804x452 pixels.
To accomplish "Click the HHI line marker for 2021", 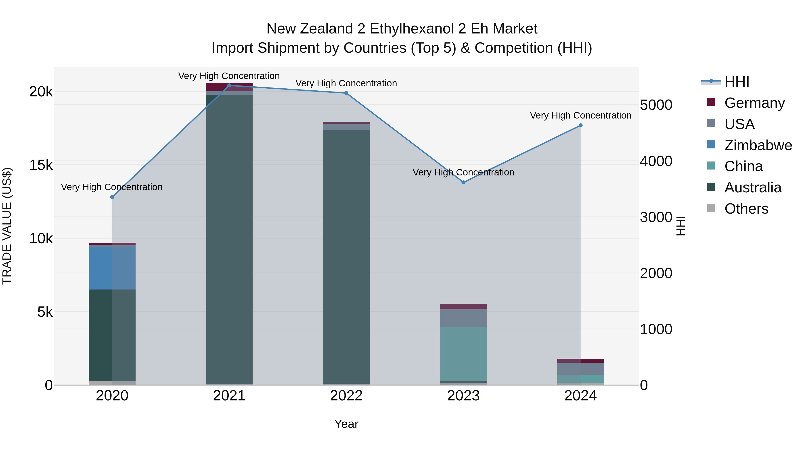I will [x=229, y=85].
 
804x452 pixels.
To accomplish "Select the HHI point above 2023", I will [x=463, y=183].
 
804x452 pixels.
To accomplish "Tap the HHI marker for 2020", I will [x=112, y=197].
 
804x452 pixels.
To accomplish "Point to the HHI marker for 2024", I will [x=580, y=125].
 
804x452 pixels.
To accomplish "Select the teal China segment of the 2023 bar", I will [x=463, y=354].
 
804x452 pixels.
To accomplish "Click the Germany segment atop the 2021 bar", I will [x=229, y=87].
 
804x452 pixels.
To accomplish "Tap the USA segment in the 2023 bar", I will [x=463, y=318].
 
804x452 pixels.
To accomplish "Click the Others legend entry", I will [x=746, y=209].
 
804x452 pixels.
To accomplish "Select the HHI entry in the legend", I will [x=737, y=82].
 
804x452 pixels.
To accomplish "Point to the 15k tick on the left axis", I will [x=41, y=165].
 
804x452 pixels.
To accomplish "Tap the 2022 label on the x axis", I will [x=346, y=396].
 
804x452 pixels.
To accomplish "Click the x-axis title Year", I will [x=346, y=424].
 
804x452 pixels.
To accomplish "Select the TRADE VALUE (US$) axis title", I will [x=7, y=226].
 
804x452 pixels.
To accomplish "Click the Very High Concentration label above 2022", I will [x=346, y=83].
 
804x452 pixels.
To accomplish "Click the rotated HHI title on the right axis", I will [x=681, y=226].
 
